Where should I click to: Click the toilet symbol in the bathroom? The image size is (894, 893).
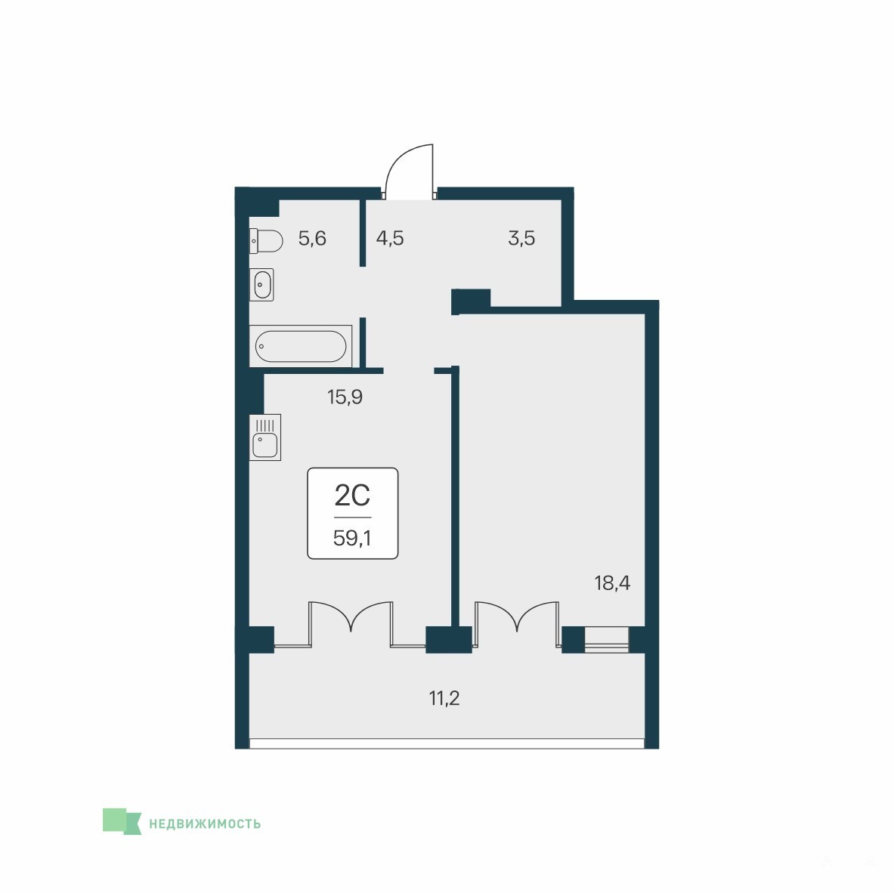pos(266,241)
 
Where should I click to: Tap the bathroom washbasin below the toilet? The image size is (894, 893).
pos(261,284)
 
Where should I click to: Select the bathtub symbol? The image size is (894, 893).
pos(301,346)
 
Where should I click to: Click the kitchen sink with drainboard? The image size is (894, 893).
pos(265,437)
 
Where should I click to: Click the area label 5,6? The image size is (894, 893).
pos(312,238)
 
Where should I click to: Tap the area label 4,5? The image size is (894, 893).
pos(390,238)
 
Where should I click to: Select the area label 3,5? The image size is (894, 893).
pos(521,238)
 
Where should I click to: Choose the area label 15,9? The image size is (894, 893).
pos(345,397)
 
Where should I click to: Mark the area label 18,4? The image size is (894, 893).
pos(612,583)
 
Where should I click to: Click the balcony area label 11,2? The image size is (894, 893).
pos(444,697)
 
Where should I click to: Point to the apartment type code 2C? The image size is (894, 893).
pos(352,495)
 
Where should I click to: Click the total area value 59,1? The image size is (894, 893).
pos(352,538)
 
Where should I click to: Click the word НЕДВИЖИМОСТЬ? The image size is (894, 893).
pos(205,823)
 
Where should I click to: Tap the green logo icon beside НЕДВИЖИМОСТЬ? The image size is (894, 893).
pos(122,821)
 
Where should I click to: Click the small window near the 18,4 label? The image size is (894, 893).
pos(607,639)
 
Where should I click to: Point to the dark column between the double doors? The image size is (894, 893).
pos(449,639)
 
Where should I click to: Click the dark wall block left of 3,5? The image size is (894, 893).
pos(471,301)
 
